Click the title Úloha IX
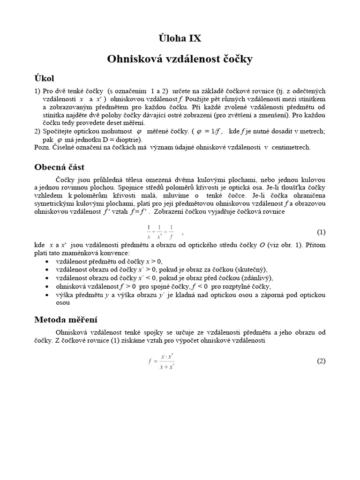(180, 38)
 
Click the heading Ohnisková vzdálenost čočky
(180, 59)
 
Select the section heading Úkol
(47, 77)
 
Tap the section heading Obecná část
(60, 167)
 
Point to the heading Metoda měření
(66, 320)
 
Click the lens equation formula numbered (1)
(160, 232)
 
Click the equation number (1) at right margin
(321, 232)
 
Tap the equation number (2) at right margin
(321, 361)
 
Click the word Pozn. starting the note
(43, 147)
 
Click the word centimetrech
(291, 147)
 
